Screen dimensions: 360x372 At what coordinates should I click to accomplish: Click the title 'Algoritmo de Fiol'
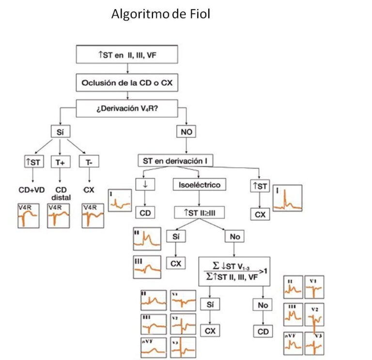point(160,15)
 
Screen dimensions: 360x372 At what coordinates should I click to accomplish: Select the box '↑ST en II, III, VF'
point(127,54)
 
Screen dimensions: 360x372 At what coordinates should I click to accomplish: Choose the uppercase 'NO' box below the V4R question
point(186,131)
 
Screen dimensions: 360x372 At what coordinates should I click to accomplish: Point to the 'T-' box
point(89,162)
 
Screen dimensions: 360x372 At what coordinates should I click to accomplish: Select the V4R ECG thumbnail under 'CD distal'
point(60,216)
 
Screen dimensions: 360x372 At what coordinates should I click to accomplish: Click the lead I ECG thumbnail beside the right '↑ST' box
point(288,199)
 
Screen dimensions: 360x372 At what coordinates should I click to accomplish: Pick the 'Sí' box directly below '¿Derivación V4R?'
point(58,131)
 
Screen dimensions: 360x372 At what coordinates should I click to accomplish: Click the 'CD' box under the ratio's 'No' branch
point(262,331)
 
